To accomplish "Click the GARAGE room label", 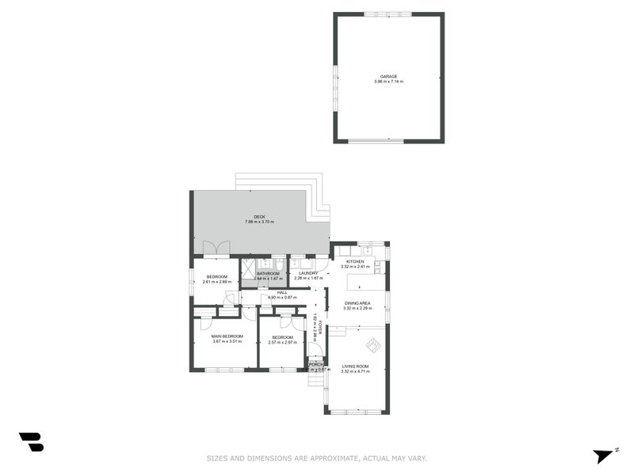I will pyautogui.click(x=388, y=76).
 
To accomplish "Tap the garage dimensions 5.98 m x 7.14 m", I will pyautogui.click(x=388, y=82).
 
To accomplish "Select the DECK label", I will pyautogui.click(x=259, y=216).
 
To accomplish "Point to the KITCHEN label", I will pyautogui.click(x=354, y=261).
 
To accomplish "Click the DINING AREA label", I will pyautogui.click(x=357, y=303).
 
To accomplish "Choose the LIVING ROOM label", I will pyautogui.click(x=356, y=366).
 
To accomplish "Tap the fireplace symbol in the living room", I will pyautogui.click(x=373, y=345).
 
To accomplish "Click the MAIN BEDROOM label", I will pyautogui.click(x=227, y=336).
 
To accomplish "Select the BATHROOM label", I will pyautogui.click(x=268, y=273).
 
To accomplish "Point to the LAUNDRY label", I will pyautogui.click(x=308, y=273).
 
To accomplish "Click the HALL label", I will pyautogui.click(x=281, y=292).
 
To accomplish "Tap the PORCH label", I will pyautogui.click(x=317, y=364).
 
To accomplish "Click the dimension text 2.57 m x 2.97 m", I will pyautogui.click(x=282, y=342).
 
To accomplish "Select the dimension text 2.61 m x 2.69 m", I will pyautogui.click(x=216, y=282).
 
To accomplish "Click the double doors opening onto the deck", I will pyautogui.click(x=216, y=248).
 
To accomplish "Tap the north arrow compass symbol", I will pyautogui.click(x=604, y=455).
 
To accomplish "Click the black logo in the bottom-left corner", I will pyautogui.click(x=31, y=442).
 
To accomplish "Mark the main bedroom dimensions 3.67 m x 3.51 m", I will pyautogui.click(x=227, y=342).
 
